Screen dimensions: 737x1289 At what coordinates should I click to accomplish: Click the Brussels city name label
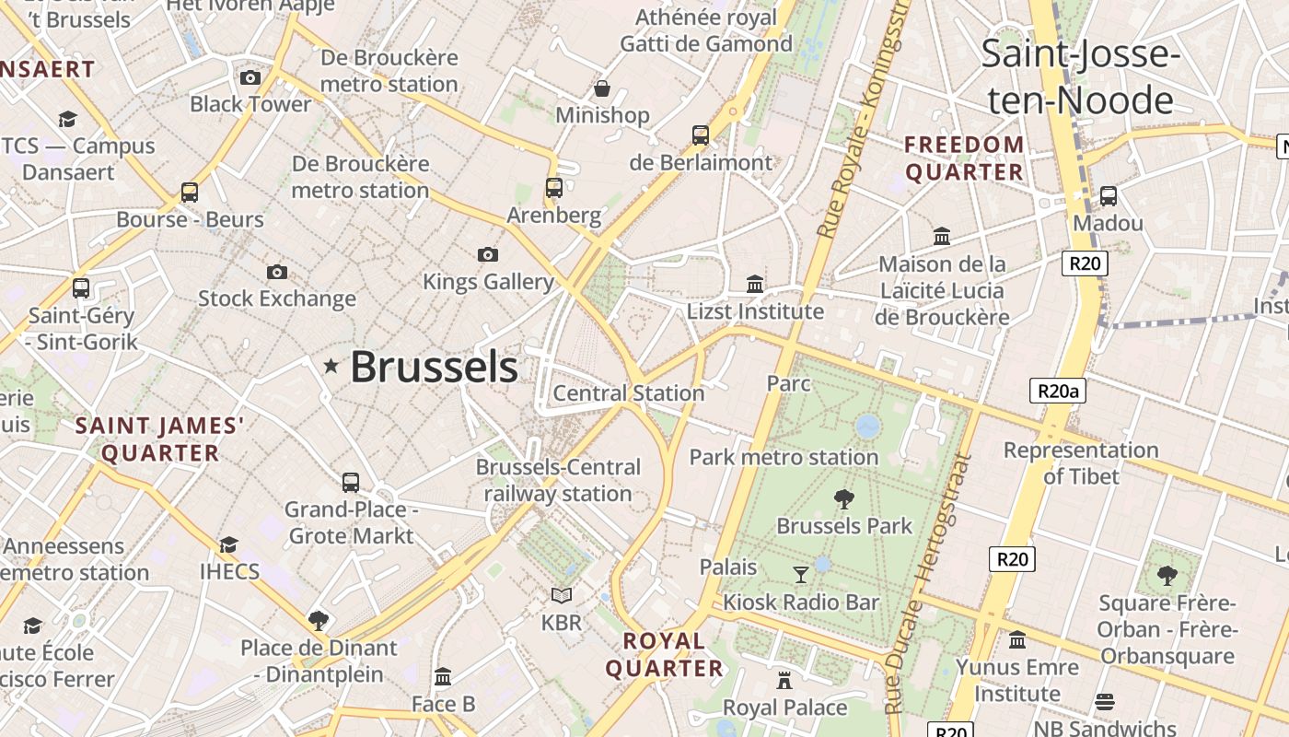(x=434, y=367)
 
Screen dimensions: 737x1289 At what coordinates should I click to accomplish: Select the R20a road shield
(x=1058, y=391)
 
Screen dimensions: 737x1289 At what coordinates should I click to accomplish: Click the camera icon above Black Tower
(x=250, y=77)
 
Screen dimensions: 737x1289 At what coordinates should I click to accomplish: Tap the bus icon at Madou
(x=1109, y=195)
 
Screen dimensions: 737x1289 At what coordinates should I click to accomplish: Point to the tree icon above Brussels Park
(x=843, y=499)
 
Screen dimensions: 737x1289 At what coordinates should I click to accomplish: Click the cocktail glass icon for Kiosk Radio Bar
(x=801, y=575)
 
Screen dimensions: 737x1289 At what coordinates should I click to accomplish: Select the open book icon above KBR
(x=562, y=596)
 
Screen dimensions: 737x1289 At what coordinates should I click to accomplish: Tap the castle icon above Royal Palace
(x=784, y=680)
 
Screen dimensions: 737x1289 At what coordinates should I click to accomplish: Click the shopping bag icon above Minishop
(x=601, y=88)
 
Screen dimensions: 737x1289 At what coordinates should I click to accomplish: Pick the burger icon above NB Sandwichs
(x=1105, y=702)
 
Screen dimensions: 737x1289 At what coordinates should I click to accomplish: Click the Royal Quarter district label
(x=664, y=654)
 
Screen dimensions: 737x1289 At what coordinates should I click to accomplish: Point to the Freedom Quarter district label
(x=964, y=158)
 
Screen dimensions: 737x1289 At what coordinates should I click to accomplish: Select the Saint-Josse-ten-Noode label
(x=1080, y=76)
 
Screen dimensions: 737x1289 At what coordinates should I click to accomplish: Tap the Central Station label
(x=628, y=393)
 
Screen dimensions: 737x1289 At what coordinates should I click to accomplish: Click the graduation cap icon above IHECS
(x=228, y=544)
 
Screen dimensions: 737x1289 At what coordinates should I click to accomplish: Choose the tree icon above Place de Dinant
(x=319, y=620)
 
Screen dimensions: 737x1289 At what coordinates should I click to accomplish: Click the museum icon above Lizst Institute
(x=755, y=284)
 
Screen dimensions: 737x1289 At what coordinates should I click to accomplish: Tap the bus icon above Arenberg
(x=554, y=188)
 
